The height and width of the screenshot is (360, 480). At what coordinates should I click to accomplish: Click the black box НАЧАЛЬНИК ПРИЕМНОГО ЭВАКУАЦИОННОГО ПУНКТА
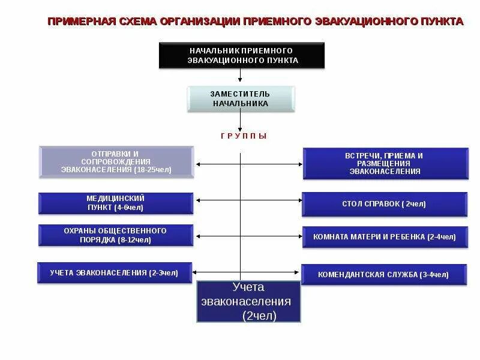(242, 55)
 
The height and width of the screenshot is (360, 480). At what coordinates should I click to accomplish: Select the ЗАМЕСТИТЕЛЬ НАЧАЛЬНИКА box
(241, 99)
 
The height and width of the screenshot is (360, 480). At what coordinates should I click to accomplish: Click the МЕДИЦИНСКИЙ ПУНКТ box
(116, 203)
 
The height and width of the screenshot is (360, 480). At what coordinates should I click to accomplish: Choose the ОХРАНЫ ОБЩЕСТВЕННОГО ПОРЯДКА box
(116, 235)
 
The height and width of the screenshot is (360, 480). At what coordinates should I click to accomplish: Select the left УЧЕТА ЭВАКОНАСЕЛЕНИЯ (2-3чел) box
(115, 273)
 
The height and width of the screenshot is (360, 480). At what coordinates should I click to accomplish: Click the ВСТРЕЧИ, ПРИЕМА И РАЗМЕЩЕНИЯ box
(385, 163)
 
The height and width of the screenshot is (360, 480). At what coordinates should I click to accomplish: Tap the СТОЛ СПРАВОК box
(385, 204)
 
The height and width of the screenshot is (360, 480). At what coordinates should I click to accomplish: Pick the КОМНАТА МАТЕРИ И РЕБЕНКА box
(385, 237)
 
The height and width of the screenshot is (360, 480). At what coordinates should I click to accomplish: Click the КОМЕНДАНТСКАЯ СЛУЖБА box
(384, 275)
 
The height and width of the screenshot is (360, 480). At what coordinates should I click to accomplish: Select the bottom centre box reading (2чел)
(248, 301)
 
